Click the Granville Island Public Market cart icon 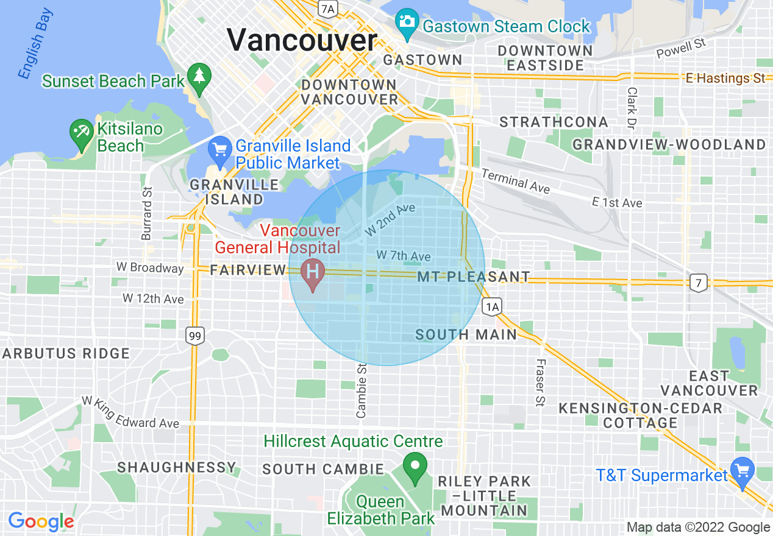[x=219, y=149]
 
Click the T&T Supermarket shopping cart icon [x=743, y=472]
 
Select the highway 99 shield [x=194, y=336]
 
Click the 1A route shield [x=492, y=306]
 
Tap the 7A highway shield [x=328, y=8]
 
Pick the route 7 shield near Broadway [x=699, y=282]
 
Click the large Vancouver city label [x=302, y=41]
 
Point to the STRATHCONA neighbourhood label [x=554, y=122]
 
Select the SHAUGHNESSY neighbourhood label [x=177, y=468]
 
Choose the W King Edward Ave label [x=131, y=414]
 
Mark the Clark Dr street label [x=631, y=107]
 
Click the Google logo [x=41, y=521]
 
